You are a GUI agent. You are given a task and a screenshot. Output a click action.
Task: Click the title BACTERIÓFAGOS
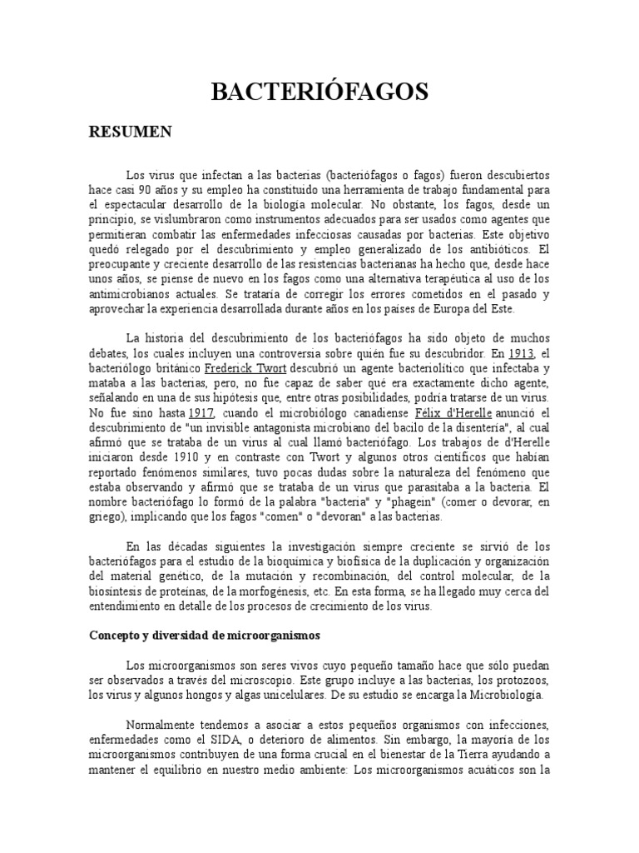[x=319, y=91]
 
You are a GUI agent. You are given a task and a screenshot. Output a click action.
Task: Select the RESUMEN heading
[x=130, y=132]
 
